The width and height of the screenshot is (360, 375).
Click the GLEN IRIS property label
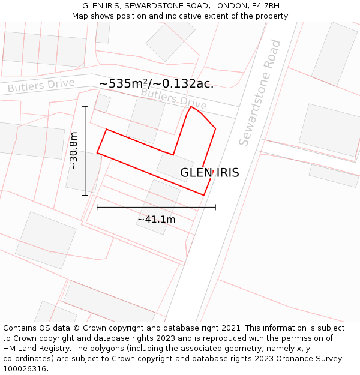click(x=209, y=173)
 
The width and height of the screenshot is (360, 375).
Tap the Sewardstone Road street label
click(x=260, y=93)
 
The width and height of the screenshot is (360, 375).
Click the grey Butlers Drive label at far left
click(x=41, y=86)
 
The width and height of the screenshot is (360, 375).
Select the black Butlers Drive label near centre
click(x=173, y=98)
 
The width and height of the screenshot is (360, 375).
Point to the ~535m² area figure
click(x=123, y=83)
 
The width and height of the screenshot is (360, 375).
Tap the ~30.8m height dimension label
click(x=74, y=151)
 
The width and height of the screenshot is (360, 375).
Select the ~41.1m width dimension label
click(x=156, y=220)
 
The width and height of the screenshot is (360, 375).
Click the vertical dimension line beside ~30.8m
click(x=85, y=151)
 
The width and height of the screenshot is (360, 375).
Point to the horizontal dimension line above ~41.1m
click(x=156, y=208)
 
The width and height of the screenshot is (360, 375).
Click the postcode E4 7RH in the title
click(x=264, y=6)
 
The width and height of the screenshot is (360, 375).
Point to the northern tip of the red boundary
click(x=191, y=107)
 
